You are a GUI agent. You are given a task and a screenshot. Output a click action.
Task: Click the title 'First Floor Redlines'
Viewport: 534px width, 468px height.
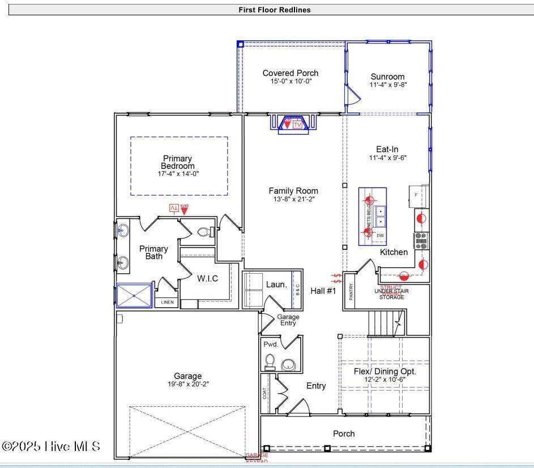pos(275,10)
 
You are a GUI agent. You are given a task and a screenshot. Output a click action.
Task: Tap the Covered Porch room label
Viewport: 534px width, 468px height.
pos(290,73)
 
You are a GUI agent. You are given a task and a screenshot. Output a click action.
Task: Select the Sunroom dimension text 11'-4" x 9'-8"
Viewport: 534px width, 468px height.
pos(388,85)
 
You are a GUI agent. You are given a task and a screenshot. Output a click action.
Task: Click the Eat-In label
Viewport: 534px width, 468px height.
pos(387,149)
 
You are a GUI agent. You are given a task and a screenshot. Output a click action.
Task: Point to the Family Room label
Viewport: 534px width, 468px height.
pos(293,191)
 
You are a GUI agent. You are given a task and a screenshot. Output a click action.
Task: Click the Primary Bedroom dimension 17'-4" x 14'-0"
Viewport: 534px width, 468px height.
pos(178,174)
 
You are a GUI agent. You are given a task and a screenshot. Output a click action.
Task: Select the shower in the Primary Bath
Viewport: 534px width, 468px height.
pos(134,295)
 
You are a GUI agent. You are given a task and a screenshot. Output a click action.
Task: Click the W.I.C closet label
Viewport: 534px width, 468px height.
pos(207,279)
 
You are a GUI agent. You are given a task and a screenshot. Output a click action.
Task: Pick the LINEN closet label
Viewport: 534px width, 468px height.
pos(167,303)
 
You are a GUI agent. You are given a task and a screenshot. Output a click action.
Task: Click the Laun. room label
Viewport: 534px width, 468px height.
pos(276,284)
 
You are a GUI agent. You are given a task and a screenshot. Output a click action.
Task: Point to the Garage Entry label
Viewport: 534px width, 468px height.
pos(288,320)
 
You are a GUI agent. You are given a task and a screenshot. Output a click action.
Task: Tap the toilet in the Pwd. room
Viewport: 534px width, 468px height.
pos(270,361)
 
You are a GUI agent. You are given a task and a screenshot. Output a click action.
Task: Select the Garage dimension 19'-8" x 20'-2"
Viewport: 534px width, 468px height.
pos(187,384)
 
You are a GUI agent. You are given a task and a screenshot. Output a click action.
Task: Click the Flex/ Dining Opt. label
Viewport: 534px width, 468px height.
pos(385,372)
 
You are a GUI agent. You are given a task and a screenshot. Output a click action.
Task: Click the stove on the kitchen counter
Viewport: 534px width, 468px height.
pos(421,241)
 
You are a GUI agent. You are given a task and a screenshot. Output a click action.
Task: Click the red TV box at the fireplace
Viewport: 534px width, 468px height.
pos(297,124)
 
